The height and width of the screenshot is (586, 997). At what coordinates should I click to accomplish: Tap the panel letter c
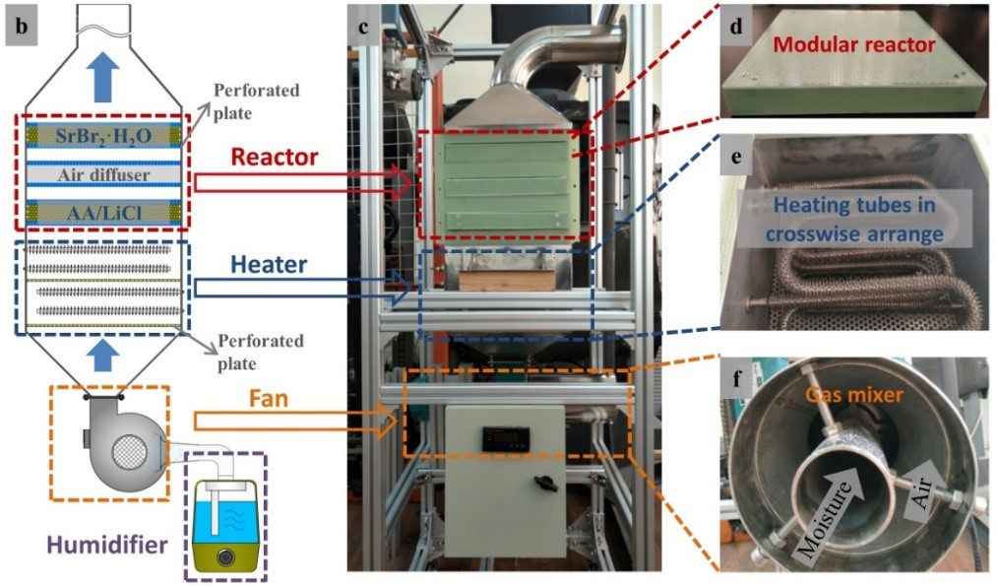click(363, 28)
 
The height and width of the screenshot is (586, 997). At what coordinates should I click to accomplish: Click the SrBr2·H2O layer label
click(103, 135)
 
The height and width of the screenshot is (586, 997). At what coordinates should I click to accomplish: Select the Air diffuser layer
click(103, 173)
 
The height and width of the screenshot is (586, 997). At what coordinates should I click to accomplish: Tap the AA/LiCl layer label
click(103, 209)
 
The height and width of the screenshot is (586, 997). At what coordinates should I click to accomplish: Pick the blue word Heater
click(271, 264)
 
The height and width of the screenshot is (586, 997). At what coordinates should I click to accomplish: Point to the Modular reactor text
click(853, 44)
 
